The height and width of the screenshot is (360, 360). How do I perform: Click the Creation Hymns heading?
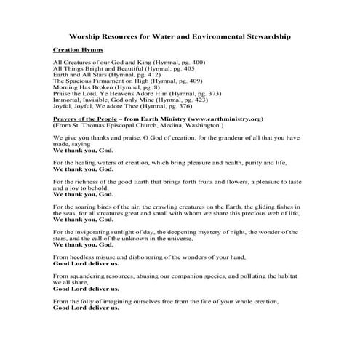tap(76, 50)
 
